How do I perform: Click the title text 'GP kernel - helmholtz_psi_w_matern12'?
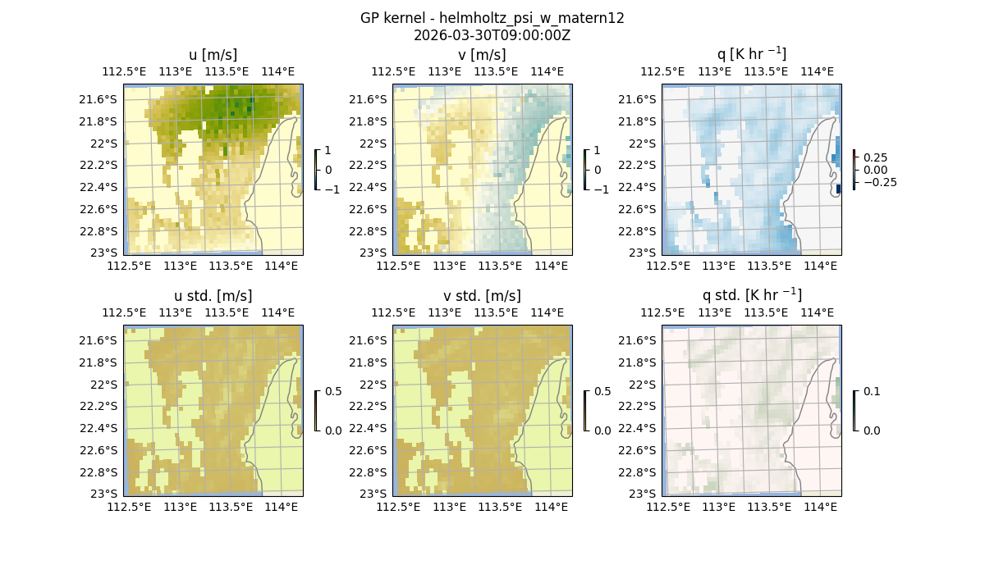[x=492, y=18]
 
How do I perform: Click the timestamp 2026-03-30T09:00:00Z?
[x=492, y=35]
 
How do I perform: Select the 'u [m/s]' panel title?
[x=213, y=55]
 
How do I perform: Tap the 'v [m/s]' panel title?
[x=482, y=55]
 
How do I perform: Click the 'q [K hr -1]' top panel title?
[x=751, y=54]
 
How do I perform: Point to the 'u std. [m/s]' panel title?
[x=213, y=296]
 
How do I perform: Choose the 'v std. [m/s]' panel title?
[x=482, y=296]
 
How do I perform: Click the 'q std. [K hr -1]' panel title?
[x=751, y=295]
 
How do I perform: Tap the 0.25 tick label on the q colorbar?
[x=875, y=157]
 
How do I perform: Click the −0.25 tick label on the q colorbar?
[x=879, y=182]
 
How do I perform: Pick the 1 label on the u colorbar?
[x=328, y=151]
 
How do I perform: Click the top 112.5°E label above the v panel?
[x=394, y=72]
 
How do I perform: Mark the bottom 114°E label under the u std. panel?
[x=282, y=507]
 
